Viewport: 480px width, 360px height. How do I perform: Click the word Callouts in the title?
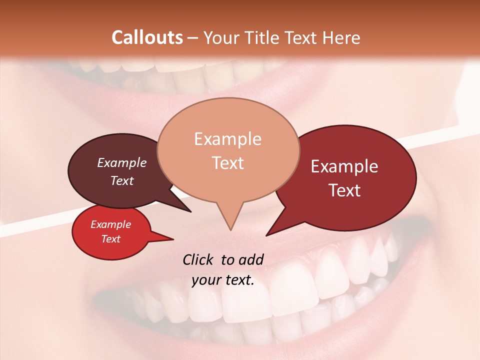(x=147, y=37)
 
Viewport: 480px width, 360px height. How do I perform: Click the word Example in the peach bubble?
(x=227, y=139)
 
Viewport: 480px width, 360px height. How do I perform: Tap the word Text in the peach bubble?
(x=228, y=163)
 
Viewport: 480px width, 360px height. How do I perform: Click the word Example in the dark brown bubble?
(x=122, y=162)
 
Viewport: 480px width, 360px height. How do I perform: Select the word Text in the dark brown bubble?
(x=122, y=180)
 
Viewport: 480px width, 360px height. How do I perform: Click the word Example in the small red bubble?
(x=111, y=224)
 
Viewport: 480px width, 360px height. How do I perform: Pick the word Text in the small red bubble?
(x=111, y=239)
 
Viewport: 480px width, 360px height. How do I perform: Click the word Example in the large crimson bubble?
(x=344, y=166)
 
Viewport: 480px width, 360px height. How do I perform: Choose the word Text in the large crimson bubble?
(x=345, y=190)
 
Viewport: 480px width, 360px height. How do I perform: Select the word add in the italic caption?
(x=251, y=259)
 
